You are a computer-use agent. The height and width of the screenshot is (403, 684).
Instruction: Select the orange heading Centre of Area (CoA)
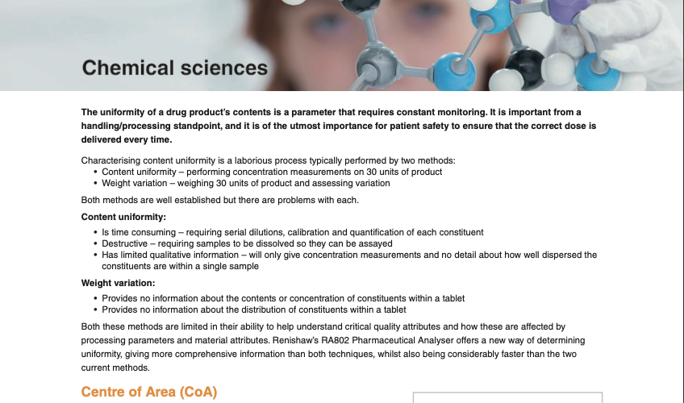coord(149,392)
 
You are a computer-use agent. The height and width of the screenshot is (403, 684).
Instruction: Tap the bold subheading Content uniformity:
coord(123,217)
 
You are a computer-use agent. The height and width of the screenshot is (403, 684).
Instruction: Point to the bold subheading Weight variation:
coord(119,283)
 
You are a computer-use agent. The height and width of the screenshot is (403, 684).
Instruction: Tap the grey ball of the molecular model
coord(376,66)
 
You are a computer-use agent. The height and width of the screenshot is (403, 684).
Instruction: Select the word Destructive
coord(125,243)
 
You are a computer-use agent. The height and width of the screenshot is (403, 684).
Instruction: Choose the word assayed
coord(376,243)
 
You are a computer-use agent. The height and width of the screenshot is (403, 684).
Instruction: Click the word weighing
coord(195,184)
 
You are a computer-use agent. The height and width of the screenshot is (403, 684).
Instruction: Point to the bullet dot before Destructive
coord(95,243)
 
